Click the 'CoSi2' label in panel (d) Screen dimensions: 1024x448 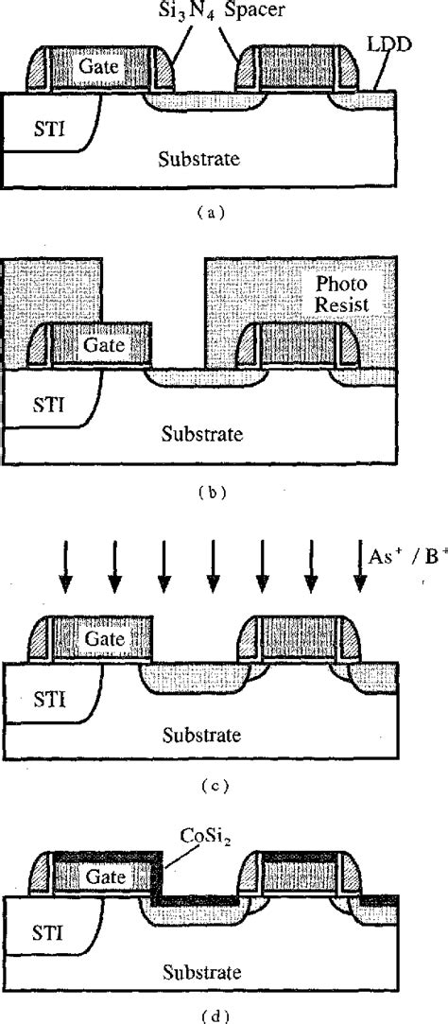point(183,835)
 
